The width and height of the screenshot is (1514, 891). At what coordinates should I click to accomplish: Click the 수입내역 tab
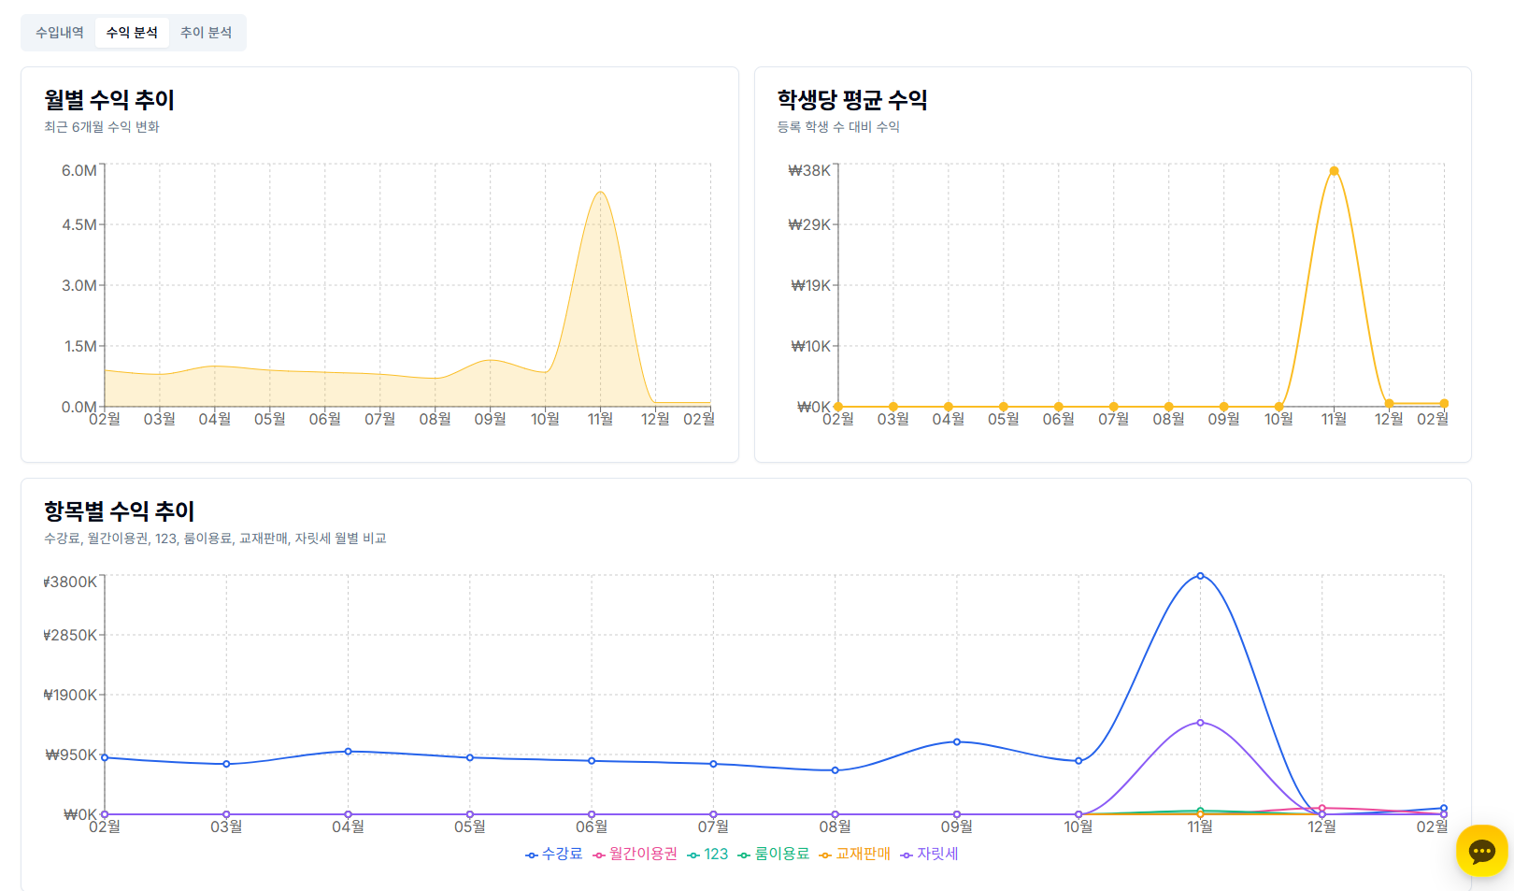(60, 33)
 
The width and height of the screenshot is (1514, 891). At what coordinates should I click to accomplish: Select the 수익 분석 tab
(132, 33)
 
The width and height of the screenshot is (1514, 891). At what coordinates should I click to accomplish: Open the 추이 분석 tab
(206, 33)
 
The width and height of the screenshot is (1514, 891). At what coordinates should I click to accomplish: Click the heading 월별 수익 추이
(109, 100)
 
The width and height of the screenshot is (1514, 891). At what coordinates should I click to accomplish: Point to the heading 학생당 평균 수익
(852, 100)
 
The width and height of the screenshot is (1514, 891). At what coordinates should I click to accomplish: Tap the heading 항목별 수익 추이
(120, 511)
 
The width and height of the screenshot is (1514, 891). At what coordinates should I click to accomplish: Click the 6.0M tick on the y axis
(79, 170)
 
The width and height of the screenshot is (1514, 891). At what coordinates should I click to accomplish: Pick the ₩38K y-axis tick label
(809, 170)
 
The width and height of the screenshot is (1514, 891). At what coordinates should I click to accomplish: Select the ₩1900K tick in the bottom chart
(70, 695)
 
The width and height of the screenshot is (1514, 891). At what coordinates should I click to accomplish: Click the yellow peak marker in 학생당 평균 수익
(1334, 171)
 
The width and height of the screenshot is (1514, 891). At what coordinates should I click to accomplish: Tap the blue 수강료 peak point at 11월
(1200, 576)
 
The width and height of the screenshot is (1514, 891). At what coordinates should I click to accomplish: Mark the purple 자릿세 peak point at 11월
(1200, 723)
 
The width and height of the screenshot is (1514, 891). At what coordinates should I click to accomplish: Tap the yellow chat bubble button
(1481, 851)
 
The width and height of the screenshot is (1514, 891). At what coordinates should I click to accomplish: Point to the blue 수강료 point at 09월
(956, 742)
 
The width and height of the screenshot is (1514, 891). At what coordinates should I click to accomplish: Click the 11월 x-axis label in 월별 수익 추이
(600, 419)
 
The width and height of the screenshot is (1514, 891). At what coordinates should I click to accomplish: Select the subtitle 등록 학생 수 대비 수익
(838, 127)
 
